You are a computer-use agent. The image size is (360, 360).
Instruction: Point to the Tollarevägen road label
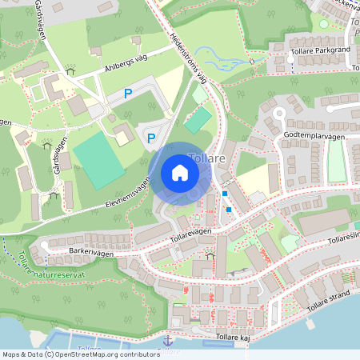[x=191, y=230]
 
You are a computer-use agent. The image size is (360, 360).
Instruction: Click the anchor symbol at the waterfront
[x=167, y=342]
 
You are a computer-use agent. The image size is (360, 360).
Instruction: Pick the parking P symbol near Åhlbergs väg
[x=127, y=94]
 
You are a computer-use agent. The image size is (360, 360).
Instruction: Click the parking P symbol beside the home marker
[x=150, y=138]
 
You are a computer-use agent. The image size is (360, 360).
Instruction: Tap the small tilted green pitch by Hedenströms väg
[x=198, y=120]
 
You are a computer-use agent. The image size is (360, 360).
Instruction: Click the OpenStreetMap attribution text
[x=70, y=354]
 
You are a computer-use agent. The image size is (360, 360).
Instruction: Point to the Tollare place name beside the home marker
[x=206, y=158]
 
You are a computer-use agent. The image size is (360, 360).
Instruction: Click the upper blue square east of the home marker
[x=225, y=194]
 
